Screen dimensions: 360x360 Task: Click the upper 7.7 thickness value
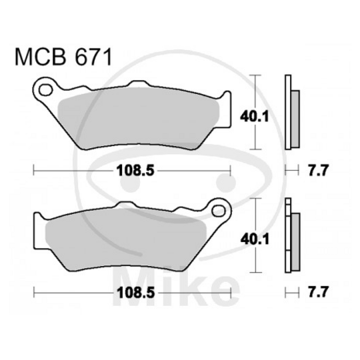coord(317,171)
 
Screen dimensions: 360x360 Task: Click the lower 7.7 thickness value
coord(317,291)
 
